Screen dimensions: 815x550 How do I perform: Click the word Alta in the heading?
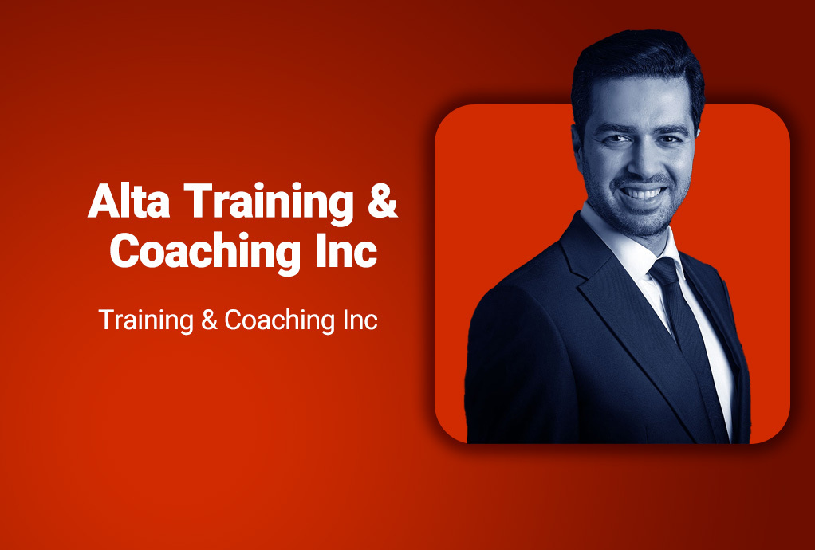[x=129, y=201]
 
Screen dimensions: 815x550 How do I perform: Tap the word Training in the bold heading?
[x=269, y=204]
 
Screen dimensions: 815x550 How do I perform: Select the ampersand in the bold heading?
[x=383, y=201]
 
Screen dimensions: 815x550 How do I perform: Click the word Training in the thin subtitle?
[x=146, y=320]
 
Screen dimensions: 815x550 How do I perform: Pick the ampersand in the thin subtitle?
[x=209, y=320]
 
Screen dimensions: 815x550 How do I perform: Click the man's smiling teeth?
[x=644, y=194]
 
